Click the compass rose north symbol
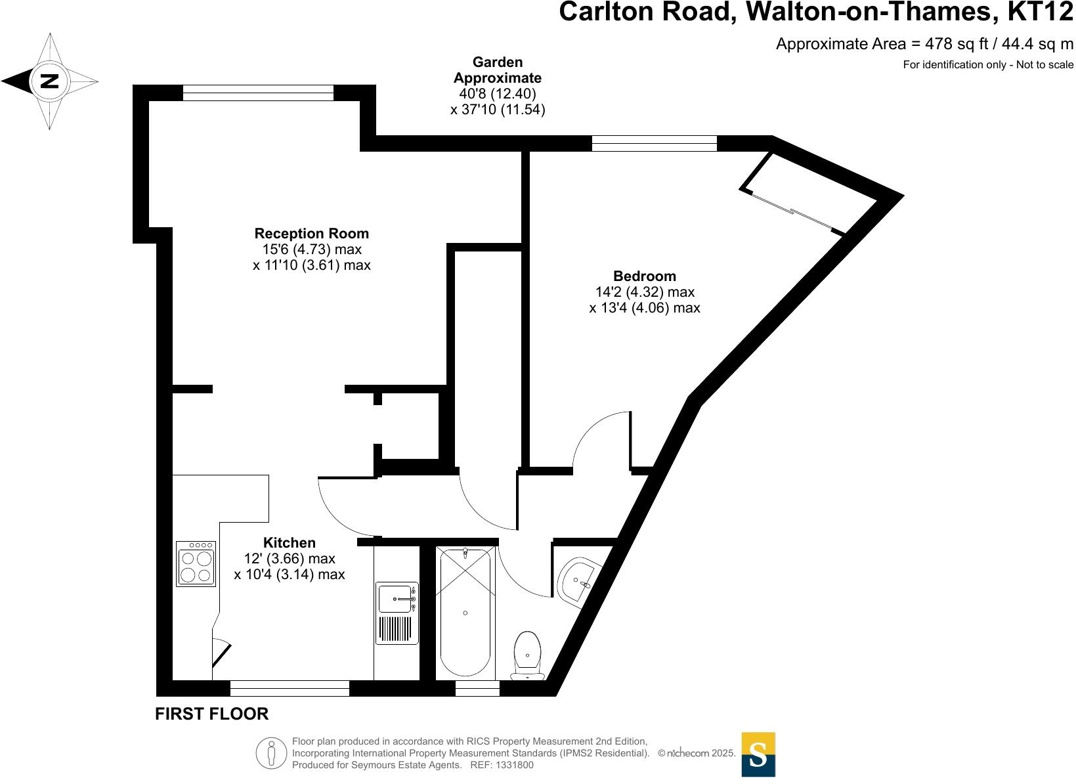(50, 81)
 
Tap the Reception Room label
(311, 233)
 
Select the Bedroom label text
(644, 276)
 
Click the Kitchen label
(289, 542)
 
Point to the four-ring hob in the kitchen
(196, 563)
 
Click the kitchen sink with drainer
(397, 612)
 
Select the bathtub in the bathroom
(465, 613)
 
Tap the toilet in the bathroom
(527, 654)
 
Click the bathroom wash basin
(578, 580)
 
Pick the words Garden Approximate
(498, 70)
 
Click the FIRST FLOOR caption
(211, 714)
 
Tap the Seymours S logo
(758, 754)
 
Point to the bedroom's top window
(654, 143)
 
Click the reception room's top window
(258, 93)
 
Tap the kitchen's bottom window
(290, 688)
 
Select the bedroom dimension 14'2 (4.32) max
(644, 292)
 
